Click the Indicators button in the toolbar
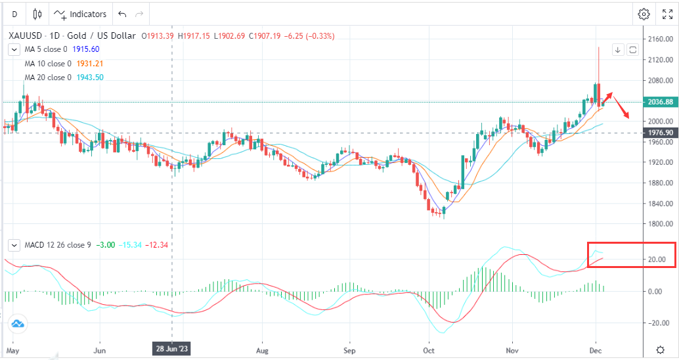coord(80,14)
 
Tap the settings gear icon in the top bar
coord(644,14)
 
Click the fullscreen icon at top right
coord(667,14)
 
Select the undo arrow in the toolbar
coord(122,14)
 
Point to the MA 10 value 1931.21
coord(91,64)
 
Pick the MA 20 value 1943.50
coord(91,78)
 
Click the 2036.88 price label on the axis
coord(660,102)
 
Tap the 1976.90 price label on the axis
coord(660,133)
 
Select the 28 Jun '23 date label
coord(172,349)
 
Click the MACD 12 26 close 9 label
coord(58,245)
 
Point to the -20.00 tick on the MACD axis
coord(659,323)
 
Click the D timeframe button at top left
coord(14,14)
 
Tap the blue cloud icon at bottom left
coord(17,323)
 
